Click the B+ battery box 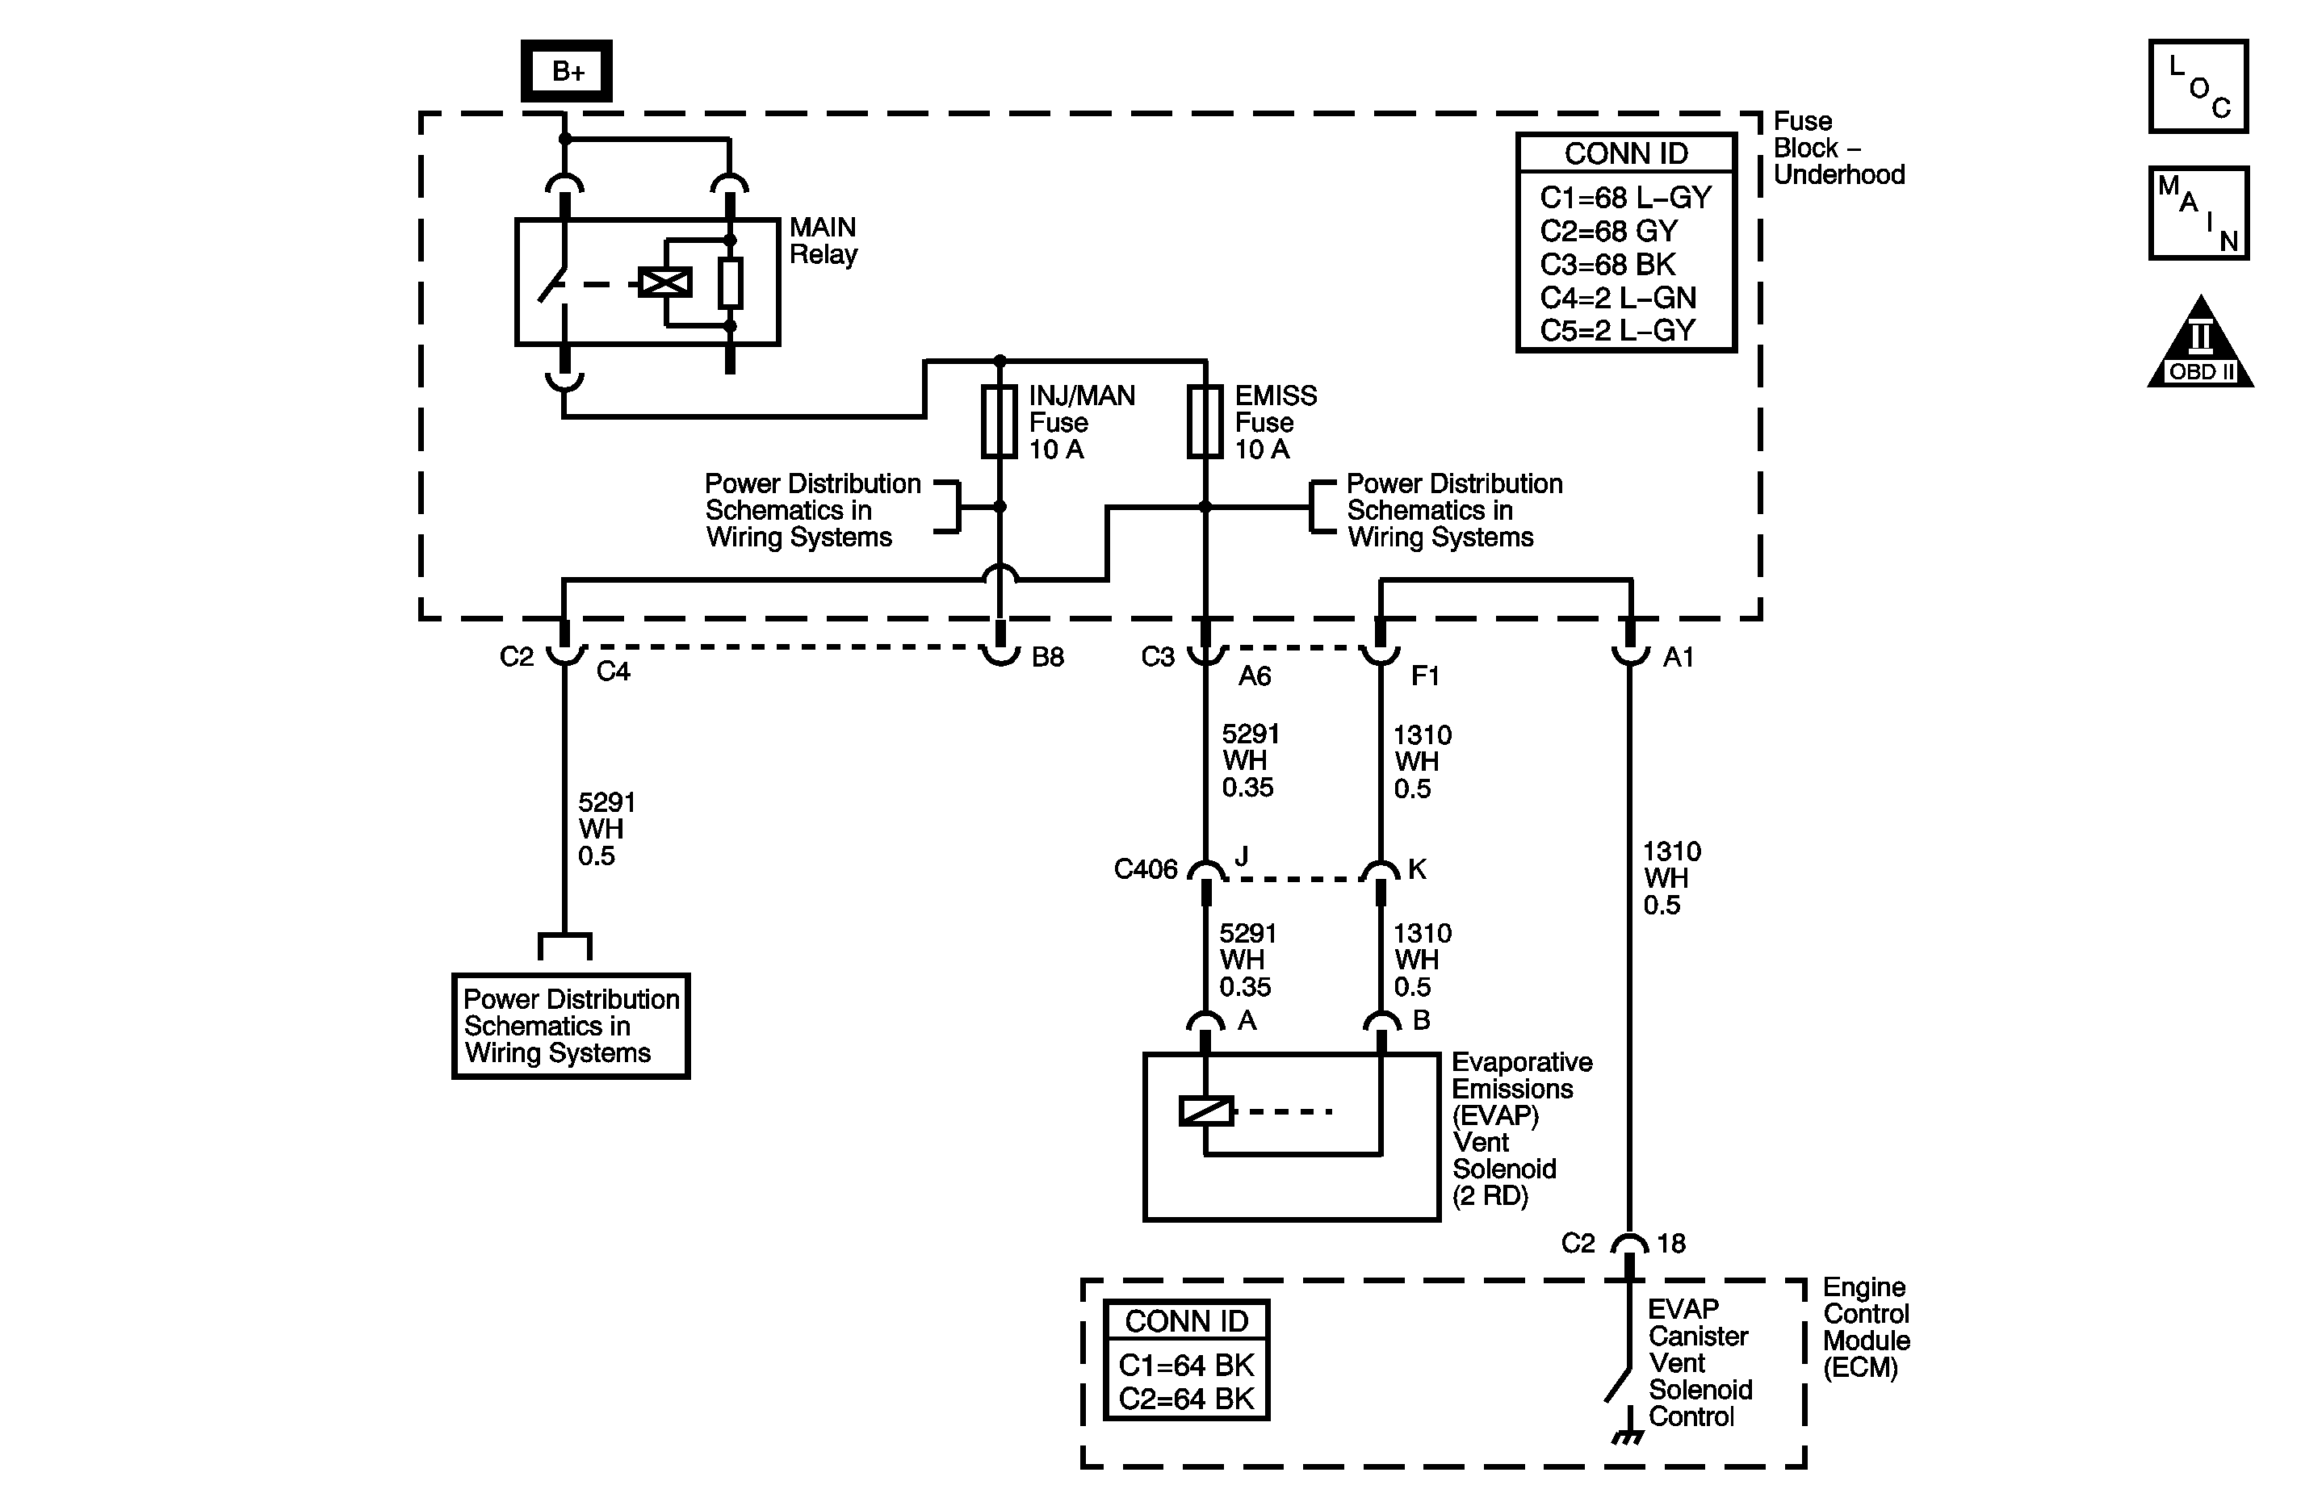tap(567, 70)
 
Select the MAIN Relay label tap(823, 241)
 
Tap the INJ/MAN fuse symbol tap(1000, 421)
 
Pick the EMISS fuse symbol tap(1205, 421)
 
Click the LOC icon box tap(2198, 87)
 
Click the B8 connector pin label tap(1047, 657)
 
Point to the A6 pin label tap(1254, 676)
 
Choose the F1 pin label tap(1425, 676)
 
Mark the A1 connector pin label tap(1678, 657)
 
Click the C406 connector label tap(1145, 870)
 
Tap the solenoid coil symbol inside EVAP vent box tap(1205, 1111)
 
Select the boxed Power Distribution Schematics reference tap(571, 1026)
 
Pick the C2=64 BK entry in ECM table tap(1185, 1399)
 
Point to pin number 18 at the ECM tap(1670, 1243)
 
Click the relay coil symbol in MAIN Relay tap(665, 282)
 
